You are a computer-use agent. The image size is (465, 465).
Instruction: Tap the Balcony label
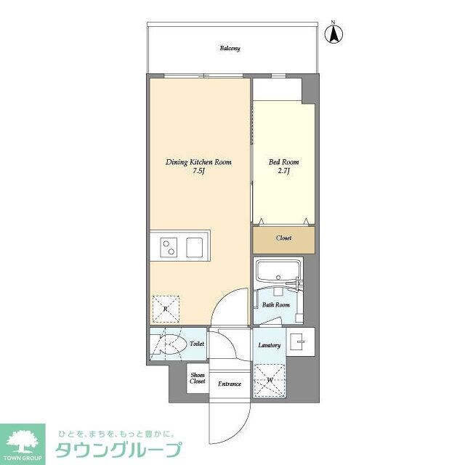tap(230, 49)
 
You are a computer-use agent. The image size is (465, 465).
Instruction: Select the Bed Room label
tap(284, 162)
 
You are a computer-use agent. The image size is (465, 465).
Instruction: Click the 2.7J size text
tap(284, 171)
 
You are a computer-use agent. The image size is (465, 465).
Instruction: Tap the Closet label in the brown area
tap(283, 238)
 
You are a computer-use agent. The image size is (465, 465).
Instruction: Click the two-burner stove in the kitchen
tap(169, 247)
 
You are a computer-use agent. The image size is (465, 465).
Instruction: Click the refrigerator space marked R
tap(166, 309)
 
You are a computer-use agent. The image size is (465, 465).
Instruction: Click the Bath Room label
tap(276, 306)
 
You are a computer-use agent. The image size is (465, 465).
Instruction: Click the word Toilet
tap(197, 344)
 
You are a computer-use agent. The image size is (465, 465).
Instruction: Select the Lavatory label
tap(270, 344)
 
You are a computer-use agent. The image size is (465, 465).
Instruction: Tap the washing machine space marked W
tap(270, 379)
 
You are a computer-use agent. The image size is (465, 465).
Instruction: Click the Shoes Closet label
tap(198, 379)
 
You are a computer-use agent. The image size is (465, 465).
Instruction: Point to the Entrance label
tap(230, 384)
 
